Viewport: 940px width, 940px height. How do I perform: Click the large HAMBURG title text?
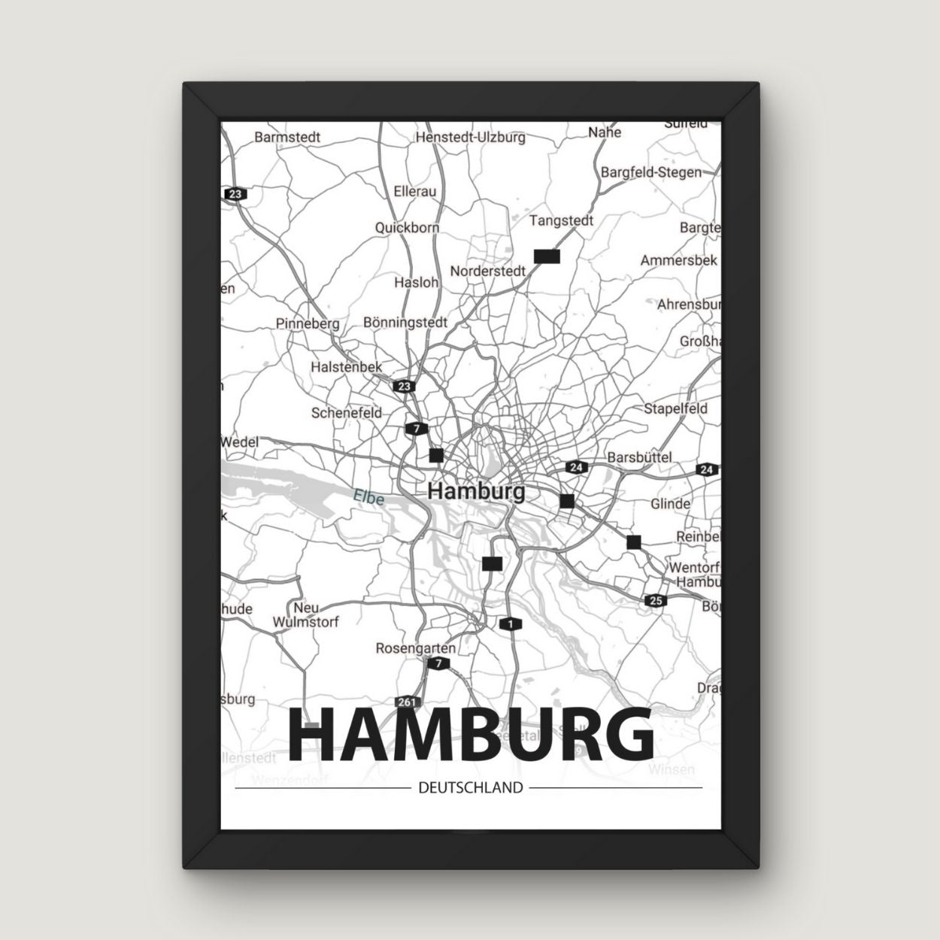point(471,734)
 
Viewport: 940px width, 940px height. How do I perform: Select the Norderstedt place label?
point(487,271)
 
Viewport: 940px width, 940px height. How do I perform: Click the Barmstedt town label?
point(287,137)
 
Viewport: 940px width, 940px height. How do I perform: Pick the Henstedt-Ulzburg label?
point(470,137)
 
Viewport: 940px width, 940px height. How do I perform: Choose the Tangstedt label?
point(561,220)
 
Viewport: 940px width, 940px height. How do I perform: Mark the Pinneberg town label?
point(308,323)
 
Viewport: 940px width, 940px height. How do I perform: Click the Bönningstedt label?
point(405,322)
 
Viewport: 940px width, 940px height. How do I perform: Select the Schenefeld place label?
point(347,412)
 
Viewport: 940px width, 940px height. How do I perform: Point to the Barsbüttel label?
point(639,456)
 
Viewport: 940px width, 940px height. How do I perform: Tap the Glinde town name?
point(670,503)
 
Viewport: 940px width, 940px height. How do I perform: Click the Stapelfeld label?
point(675,408)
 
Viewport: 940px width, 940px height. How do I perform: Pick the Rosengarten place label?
point(415,647)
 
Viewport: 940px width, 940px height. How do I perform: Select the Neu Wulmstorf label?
point(306,614)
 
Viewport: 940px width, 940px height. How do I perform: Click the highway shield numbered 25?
point(654,599)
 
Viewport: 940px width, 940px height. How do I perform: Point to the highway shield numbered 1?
point(511,623)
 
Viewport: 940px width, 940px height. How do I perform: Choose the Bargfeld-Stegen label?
point(650,172)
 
